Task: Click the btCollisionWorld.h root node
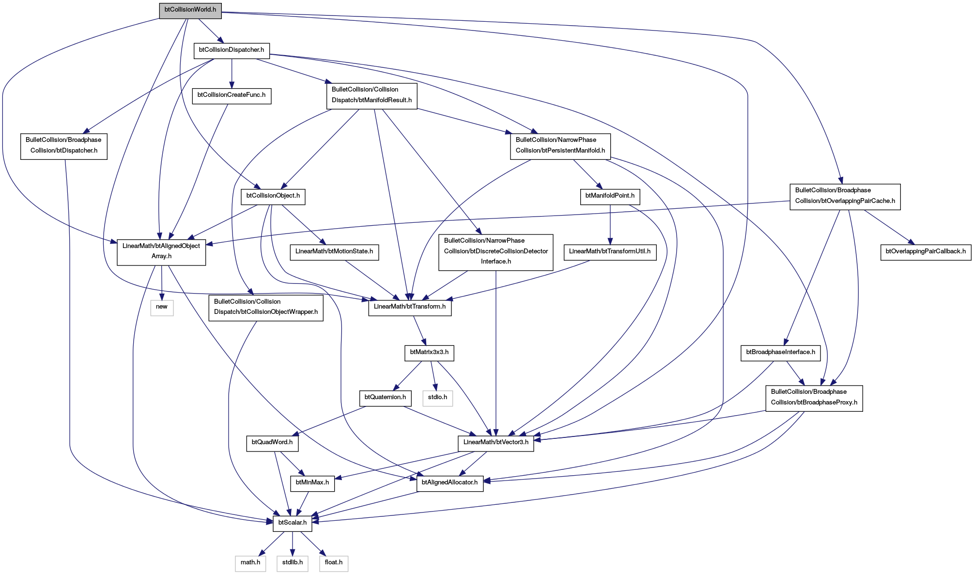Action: pos(190,10)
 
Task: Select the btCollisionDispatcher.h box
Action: pos(232,50)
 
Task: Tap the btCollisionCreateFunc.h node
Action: pos(232,95)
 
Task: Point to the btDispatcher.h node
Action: pos(64,145)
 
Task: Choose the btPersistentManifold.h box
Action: pos(560,145)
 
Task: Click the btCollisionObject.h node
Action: pos(273,196)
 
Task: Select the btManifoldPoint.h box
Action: pos(610,196)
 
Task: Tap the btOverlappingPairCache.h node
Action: pos(845,196)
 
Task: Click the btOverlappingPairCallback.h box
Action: pos(926,251)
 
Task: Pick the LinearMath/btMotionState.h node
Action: pos(334,251)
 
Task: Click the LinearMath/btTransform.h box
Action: pos(410,307)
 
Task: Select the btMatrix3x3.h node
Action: pos(429,352)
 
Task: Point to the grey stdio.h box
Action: pos(437,398)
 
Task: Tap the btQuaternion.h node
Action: pos(385,398)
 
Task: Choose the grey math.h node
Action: pos(250,563)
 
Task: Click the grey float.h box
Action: pos(334,563)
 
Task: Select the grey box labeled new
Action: pos(162,307)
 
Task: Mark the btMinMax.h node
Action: pos(312,483)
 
